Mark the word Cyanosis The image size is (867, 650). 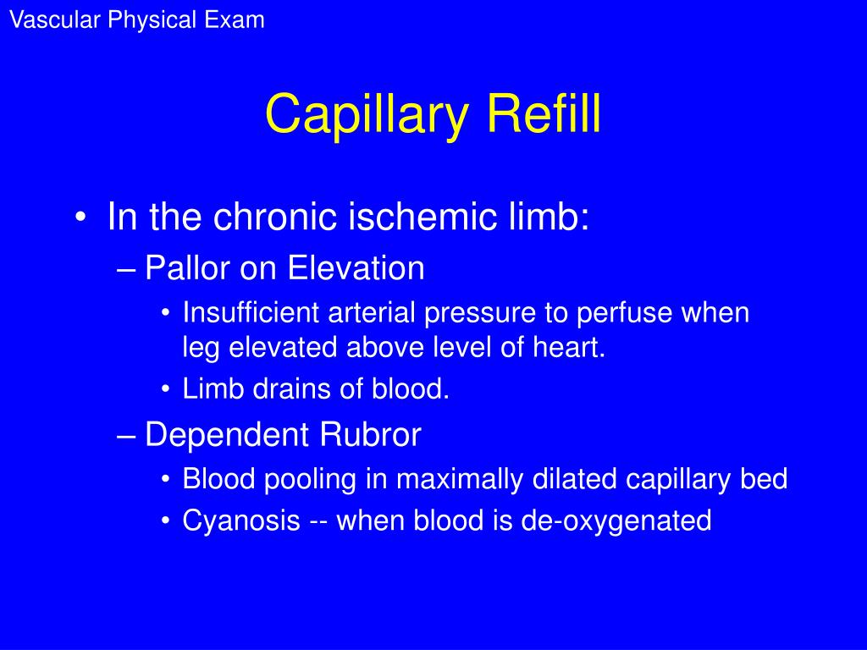point(241,521)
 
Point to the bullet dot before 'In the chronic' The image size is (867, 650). point(80,218)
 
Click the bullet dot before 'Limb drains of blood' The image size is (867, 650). point(166,391)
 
